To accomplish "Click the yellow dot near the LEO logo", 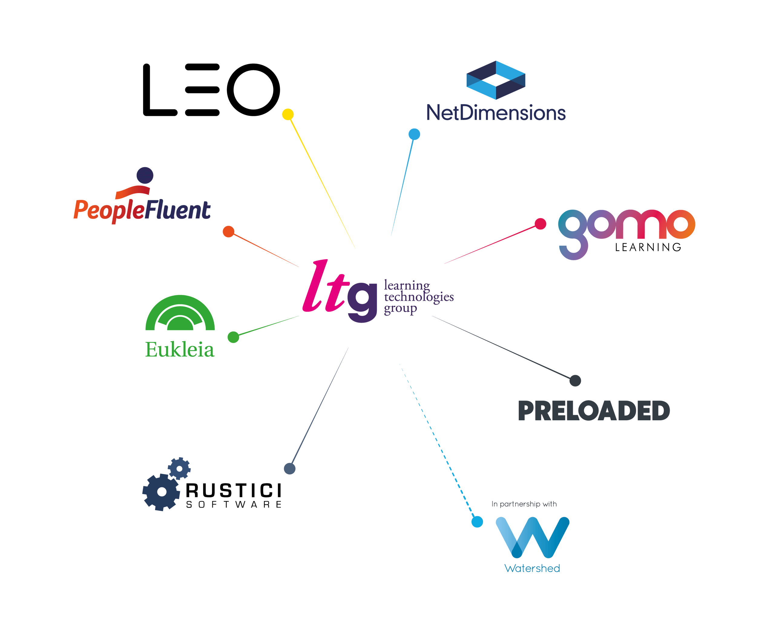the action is point(288,114).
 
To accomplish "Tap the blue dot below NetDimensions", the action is point(414,134).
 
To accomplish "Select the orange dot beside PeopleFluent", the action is point(228,231).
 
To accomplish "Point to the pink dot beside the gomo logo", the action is point(541,224).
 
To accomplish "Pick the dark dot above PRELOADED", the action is point(575,381).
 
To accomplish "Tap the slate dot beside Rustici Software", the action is point(290,469).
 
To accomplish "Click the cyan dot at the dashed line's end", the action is point(477,522).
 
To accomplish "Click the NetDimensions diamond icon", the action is point(496,80).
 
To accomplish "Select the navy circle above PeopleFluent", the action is point(145,175).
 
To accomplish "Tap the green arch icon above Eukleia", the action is point(180,313).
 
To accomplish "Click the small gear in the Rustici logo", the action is point(179,469).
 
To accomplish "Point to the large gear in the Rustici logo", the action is point(162,492).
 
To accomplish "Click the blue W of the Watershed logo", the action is point(532,537).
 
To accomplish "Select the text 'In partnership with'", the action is point(524,504).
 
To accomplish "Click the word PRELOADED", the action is point(594,411).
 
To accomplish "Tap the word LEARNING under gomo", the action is point(648,247).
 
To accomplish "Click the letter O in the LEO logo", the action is point(253,90).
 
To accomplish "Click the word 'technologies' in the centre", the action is point(419,297).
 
